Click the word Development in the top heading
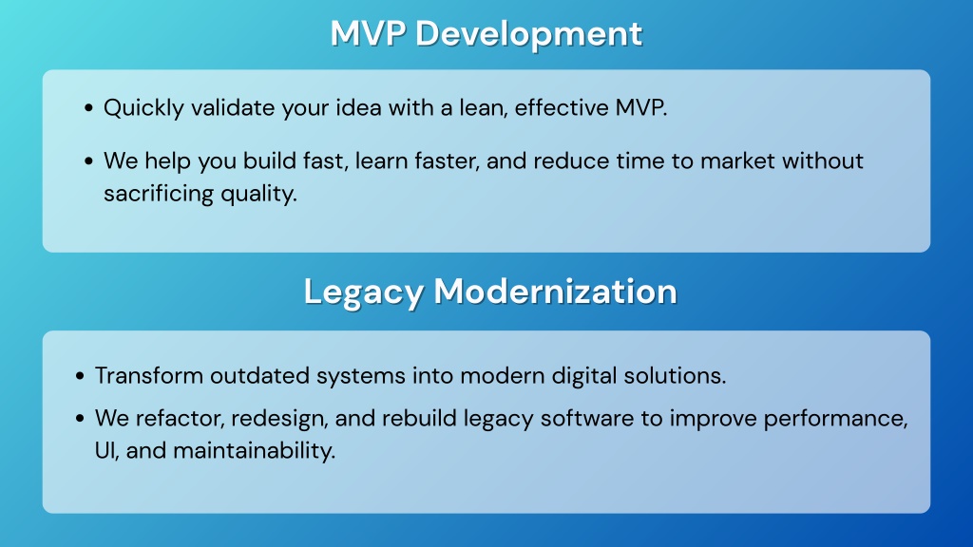528,34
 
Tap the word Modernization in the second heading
555,291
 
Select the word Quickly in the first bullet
144,108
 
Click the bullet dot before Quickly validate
88,108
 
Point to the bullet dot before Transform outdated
80,376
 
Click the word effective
562,108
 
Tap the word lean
484,108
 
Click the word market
737,161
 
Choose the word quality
250,194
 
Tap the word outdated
259,376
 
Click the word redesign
279,419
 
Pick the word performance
836,419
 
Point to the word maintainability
255,451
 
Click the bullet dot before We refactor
80,419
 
